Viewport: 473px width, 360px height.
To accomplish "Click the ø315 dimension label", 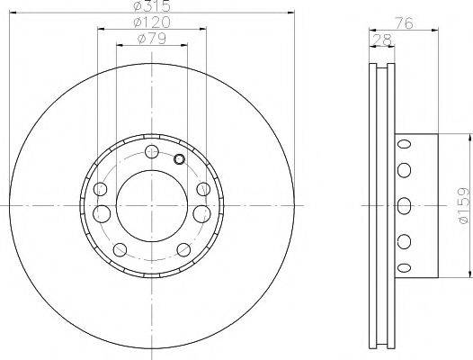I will tap(152, 6).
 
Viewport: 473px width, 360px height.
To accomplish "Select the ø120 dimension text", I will tap(152, 22).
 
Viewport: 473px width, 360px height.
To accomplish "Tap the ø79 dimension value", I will tap(152, 38).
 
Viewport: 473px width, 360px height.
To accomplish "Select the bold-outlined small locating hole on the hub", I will tap(179, 160).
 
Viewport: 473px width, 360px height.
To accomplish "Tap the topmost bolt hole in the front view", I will tap(152, 150).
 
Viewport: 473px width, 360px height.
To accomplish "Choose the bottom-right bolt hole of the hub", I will tap(183, 248).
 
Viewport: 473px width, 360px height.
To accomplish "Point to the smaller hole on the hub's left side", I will tap(101, 190).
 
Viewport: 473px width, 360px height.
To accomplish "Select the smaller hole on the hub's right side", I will tap(203, 190).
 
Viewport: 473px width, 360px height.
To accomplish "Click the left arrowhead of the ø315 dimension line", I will tap(13, 13).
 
